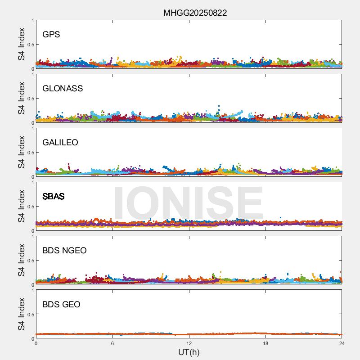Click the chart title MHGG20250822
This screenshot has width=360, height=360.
pos(195,13)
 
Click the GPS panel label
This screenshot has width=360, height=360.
pos(51,34)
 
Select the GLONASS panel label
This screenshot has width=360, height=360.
pos(63,88)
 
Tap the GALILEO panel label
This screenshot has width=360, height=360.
pos(60,142)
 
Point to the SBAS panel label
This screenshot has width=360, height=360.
pos(54,196)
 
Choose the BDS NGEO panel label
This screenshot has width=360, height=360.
pos(64,250)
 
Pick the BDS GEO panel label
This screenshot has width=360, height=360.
pos(61,304)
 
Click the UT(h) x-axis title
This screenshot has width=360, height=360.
pos(189,352)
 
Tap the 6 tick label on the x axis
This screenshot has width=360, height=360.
pos(112,344)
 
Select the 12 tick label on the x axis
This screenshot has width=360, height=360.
pos(189,344)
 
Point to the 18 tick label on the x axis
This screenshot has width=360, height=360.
pos(265,344)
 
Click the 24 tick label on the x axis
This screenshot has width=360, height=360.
pos(342,344)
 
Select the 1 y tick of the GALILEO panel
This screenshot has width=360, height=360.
pos(32,129)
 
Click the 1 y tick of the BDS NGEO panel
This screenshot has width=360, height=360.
pos(32,237)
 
